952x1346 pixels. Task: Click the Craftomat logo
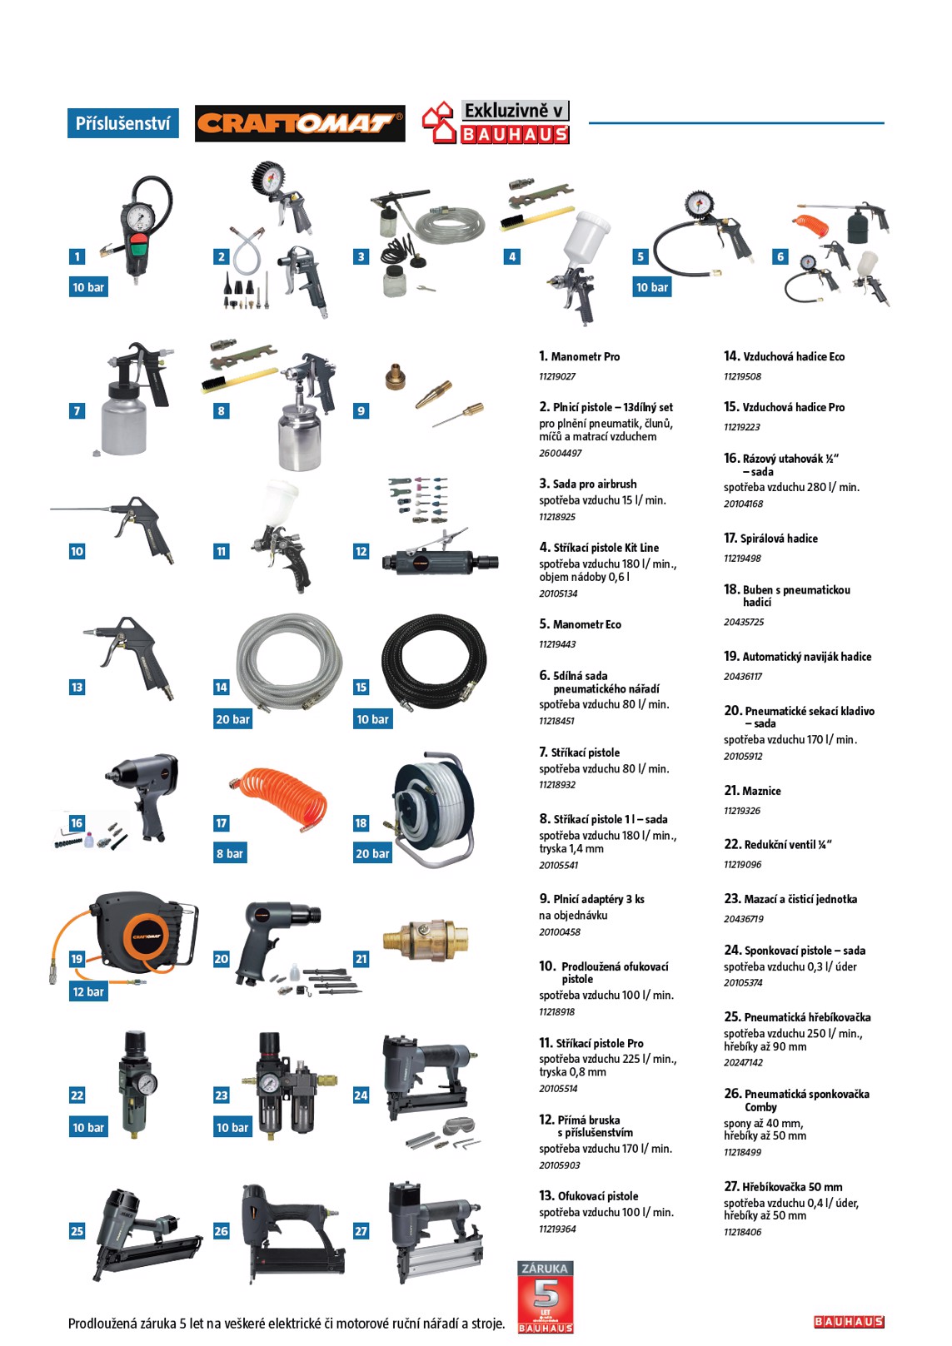[x=300, y=123]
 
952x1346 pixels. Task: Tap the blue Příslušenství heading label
[x=122, y=123]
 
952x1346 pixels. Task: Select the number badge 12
[x=361, y=551]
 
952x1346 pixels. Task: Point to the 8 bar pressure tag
[x=230, y=853]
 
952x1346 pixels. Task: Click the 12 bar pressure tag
[x=88, y=991]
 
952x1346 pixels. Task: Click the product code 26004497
[x=560, y=453]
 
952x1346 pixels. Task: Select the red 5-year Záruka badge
[x=545, y=1297]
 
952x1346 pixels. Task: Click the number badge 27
[x=361, y=1231]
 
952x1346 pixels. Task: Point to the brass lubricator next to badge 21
[x=426, y=938]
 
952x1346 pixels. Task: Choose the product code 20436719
[x=743, y=919]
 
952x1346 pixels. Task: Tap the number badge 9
[x=361, y=411]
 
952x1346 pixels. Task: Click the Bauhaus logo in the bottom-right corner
[x=849, y=1321]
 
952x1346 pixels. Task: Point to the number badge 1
[x=77, y=256]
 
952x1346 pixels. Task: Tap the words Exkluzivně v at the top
[x=515, y=111]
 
